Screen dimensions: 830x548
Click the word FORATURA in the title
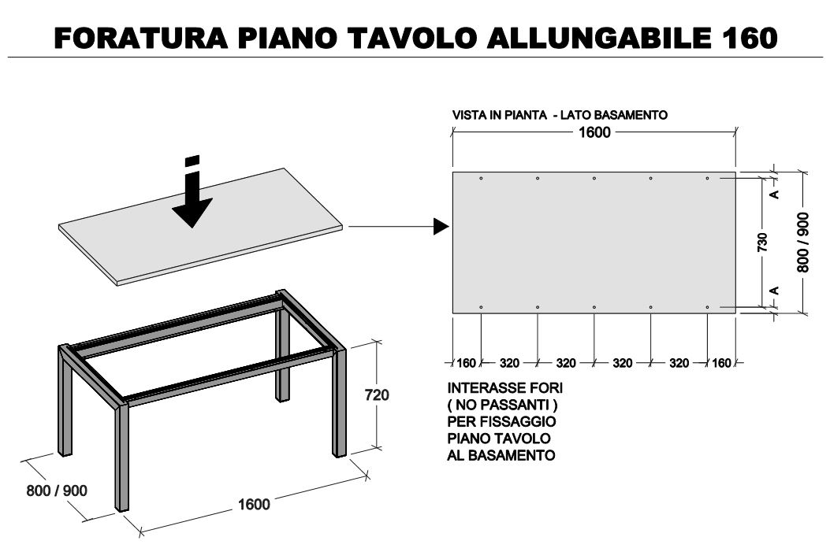point(141,38)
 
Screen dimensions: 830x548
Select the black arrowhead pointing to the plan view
point(441,227)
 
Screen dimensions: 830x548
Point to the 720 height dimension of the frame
point(377,394)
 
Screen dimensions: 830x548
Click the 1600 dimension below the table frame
point(254,504)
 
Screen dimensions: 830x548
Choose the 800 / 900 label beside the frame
point(57,491)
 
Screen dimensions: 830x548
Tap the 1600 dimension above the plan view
point(594,132)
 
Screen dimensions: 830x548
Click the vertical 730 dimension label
point(763,243)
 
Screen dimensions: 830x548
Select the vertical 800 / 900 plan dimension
point(803,243)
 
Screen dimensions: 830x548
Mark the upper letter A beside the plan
point(774,194)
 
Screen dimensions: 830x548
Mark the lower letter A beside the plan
point(774,291)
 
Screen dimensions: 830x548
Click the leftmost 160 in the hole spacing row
point(467,363)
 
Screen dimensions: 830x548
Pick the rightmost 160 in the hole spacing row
point(721,363)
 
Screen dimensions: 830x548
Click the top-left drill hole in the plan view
point(481,178)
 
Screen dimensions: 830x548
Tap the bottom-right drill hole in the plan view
point(707,307)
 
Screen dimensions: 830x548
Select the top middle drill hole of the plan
point(594,178)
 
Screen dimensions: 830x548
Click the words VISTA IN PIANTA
point(500,115)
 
